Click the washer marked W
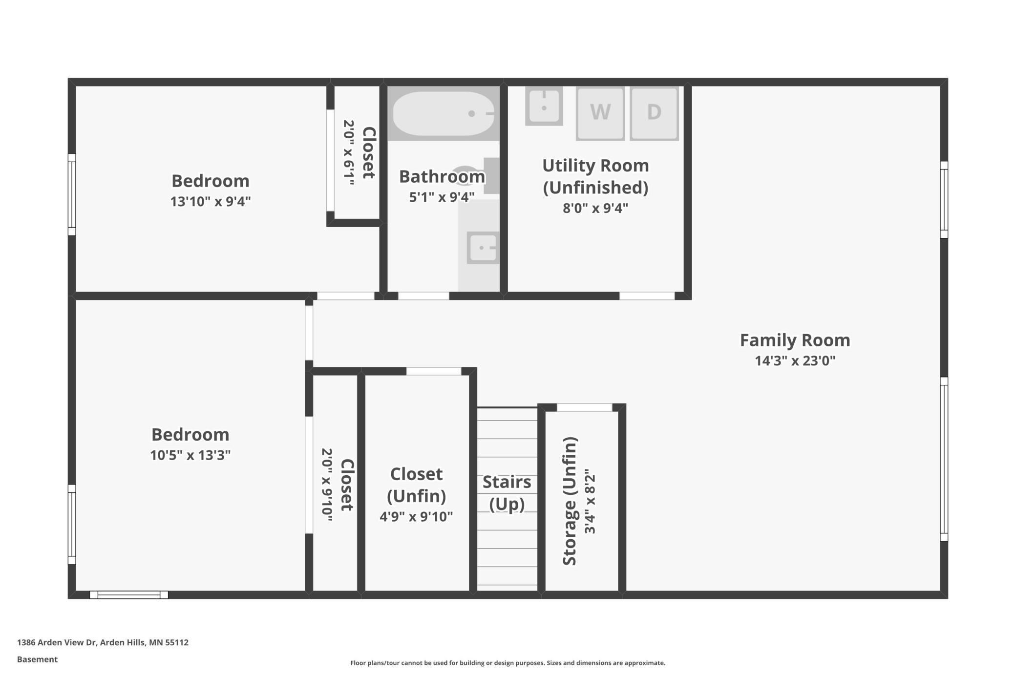600,113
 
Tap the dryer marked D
654,113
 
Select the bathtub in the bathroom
444,113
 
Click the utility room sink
544,106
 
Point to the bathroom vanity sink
483,248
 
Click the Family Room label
795,340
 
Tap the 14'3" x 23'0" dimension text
795,361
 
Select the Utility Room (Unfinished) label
595,176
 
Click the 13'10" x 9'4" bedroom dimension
210,201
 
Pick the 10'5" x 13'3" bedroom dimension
190,455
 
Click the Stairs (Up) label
507,493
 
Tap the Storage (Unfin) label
570,501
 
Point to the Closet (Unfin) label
416,485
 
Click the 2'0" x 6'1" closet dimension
348,153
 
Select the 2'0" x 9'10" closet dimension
327,485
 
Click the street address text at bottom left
103,642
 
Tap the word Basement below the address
37,659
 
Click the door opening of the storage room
584,407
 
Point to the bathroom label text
442,176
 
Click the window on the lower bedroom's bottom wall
129,595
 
